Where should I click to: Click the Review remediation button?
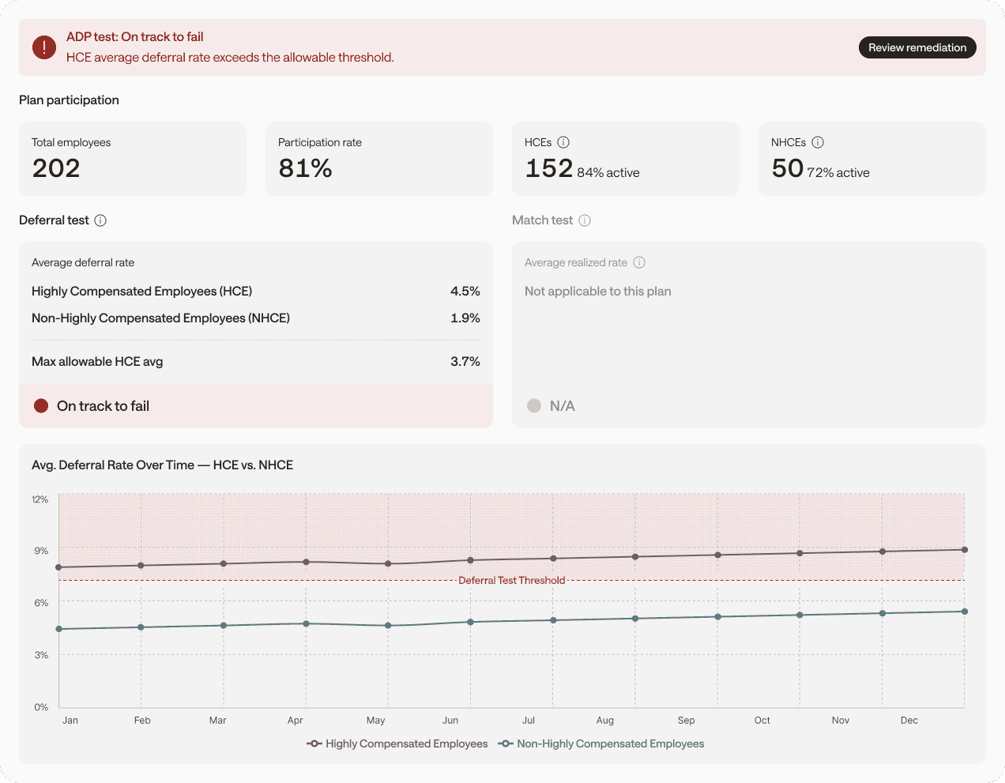(x=917, y=47)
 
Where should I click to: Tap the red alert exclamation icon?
(x=44, y=47)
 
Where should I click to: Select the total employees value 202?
(x=56, y=168)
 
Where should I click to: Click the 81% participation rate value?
(x=305, y=168)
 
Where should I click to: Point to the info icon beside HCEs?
(x=563, y=142)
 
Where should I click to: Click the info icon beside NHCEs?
(x=818, y=142)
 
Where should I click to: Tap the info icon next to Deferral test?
(x=100, y=220)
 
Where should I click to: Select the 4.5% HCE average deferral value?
(x=465, y=292)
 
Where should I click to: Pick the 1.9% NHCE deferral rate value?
(x=465, y=318)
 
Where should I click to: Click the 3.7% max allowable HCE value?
(x=465, y=362)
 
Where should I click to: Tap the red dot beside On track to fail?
(x=41, y=406)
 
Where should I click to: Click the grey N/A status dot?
(x=534, y=406)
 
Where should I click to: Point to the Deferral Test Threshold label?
(x=512, y=581)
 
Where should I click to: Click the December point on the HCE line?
(x=965, y=550)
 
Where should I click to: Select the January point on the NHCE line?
(x=58, y=629)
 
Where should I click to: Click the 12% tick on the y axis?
(x=40, y=499)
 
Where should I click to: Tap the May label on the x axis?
(x=376, y=721)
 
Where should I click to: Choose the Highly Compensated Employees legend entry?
(x=397, y=743)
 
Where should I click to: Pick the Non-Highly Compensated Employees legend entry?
(x=601, y=743)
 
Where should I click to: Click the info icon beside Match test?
(x=585, y=220)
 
